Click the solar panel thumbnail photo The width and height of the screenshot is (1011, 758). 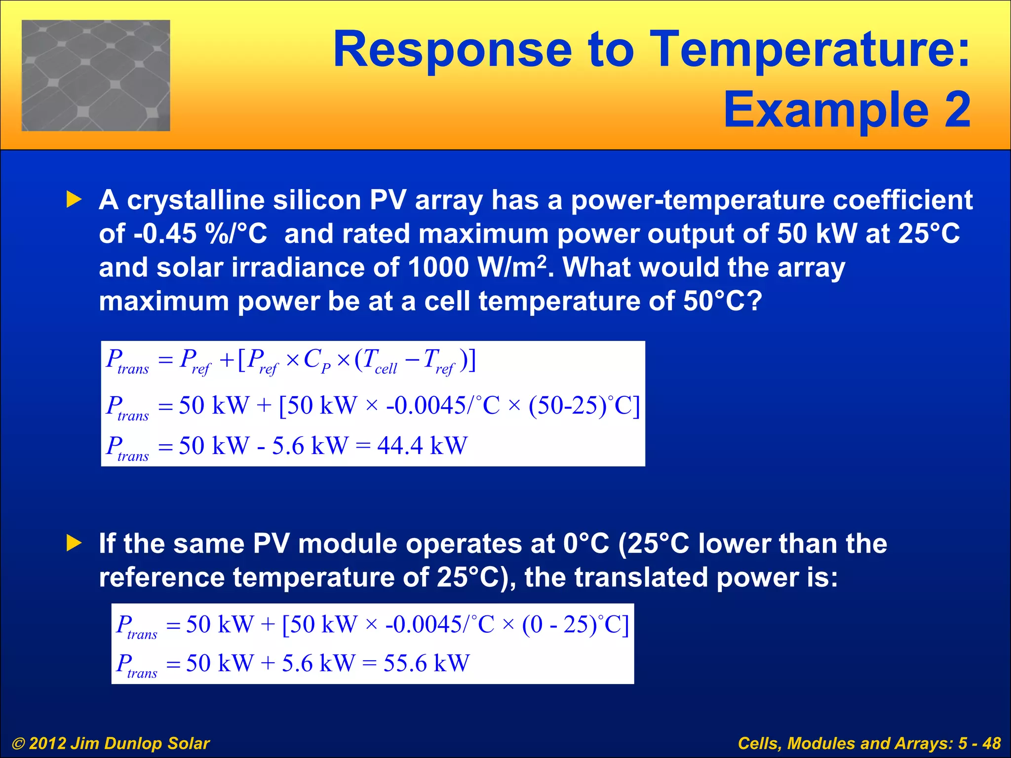pyautogui.click(x=96, y=76)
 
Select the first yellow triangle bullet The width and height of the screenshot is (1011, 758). pyautogui.click(x=74, y=200)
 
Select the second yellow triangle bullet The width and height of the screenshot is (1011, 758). pyautogui.click(x=74, y=543)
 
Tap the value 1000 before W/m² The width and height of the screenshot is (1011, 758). pyautogui.click(x=438, y=267)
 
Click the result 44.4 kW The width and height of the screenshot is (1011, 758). pyautogui.click(x=422, y=445)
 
